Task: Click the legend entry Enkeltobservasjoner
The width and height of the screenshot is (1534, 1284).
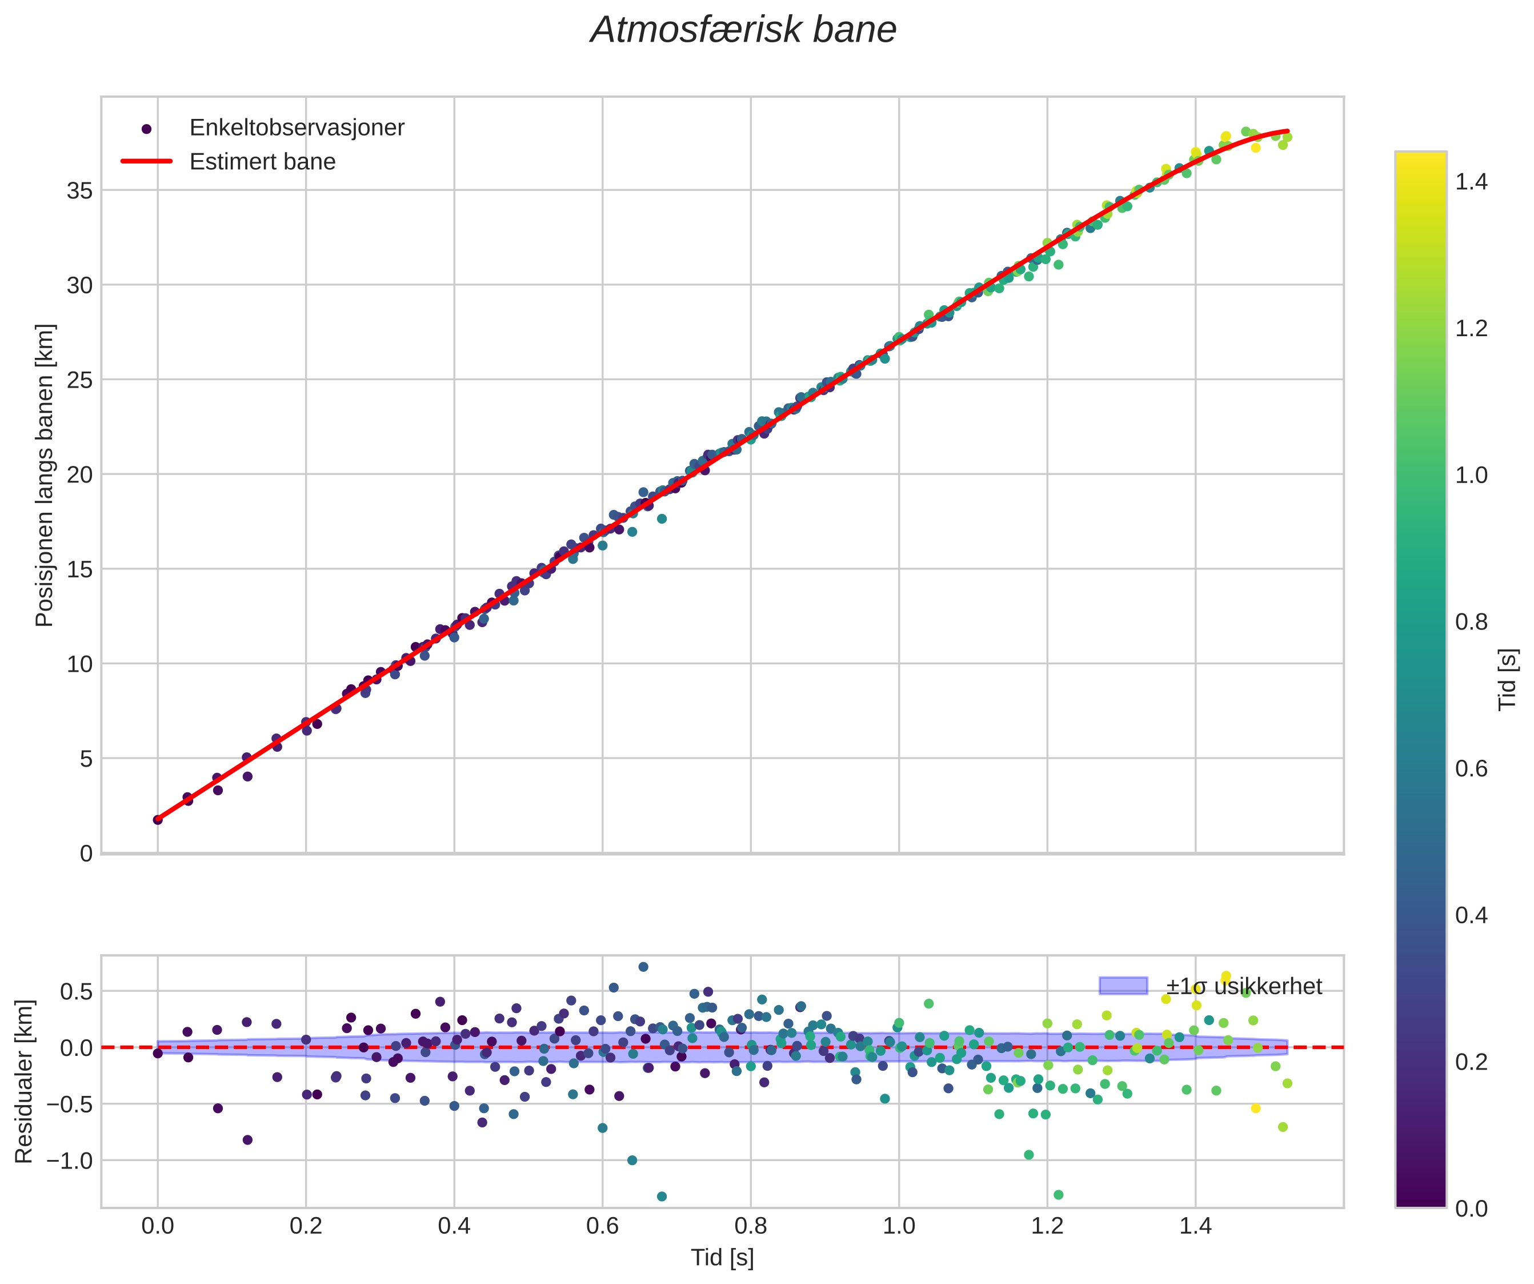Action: (x=296, y=128)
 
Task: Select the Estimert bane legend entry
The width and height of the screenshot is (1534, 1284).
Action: (x=262, y=162)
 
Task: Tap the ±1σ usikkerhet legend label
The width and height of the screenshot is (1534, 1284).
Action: (x=1243, y=987)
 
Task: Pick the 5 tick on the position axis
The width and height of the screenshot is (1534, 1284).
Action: (x=86, y=759)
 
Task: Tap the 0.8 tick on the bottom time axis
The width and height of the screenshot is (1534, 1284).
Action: (x=751, y=1226)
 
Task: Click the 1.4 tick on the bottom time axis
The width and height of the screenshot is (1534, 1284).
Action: (x=1196, y=1226)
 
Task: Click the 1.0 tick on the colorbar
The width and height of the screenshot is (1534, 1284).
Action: (x=1471, y=475)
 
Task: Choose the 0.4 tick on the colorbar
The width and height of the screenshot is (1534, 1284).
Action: (x=1471, y=916)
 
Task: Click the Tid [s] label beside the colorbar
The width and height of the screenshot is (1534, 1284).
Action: (x=1508, y=680)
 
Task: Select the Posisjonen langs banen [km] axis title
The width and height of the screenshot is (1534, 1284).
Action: (x=45, y=475)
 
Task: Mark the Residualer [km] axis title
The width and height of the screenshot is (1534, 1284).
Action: (x=24, y=1082)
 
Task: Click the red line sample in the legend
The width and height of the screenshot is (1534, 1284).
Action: (x=146, y=162)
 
